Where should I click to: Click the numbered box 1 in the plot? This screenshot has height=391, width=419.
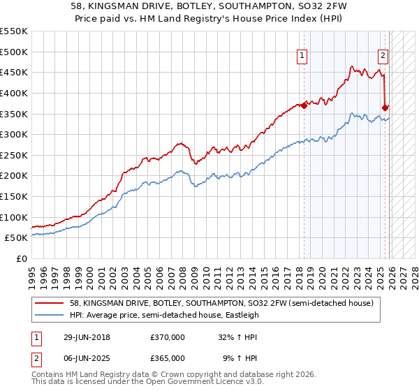302,57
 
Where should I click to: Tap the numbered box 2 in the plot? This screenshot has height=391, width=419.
383,57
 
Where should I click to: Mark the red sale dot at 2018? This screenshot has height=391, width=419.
304,105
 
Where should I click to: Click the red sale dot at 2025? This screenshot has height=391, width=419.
385,108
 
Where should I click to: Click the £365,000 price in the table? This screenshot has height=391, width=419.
167,357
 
